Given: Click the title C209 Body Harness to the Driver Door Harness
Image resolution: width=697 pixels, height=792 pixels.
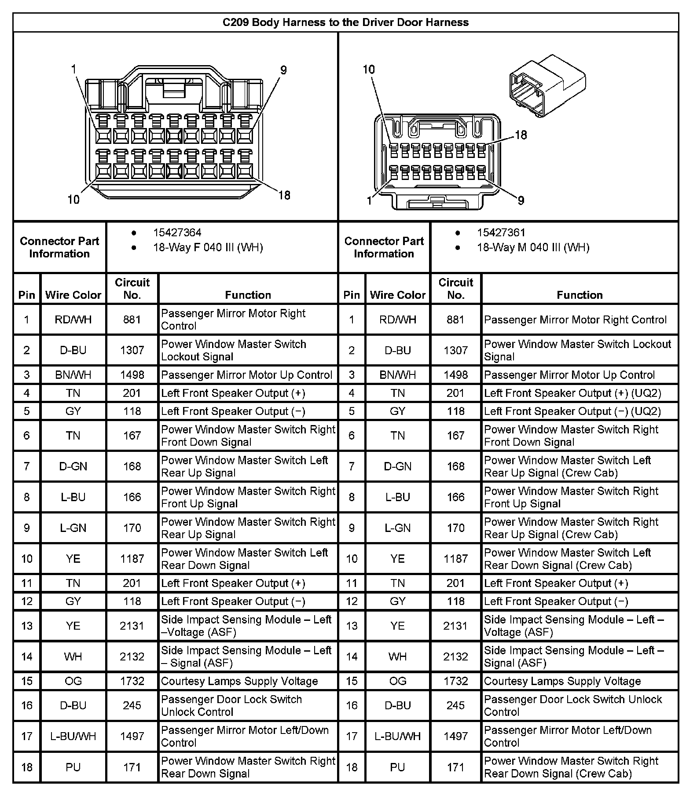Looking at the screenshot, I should [x=345, y=22].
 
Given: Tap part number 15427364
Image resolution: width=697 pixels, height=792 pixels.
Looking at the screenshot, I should [x=177, y=232].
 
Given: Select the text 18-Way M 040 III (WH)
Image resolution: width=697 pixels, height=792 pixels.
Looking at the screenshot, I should [x=533, y=247].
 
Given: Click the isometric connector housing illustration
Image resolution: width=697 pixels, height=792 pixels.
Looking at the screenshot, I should [x=547, y=86].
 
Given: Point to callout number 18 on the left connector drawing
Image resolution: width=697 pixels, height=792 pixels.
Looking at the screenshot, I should [x=284, y=195].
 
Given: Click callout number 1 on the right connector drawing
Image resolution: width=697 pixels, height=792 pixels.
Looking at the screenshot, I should [x=369, y=201].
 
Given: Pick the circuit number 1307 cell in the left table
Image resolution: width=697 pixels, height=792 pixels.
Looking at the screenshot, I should [x=132, y=350].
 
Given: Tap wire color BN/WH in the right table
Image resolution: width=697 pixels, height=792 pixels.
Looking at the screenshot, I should [x=397, y=375].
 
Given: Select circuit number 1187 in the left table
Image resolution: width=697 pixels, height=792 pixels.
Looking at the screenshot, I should [x=132, y=559].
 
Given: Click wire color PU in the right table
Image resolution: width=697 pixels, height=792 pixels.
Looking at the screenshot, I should [x=397, y=767].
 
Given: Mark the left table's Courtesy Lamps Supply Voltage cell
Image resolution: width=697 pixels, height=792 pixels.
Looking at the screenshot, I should [x=239, y=682].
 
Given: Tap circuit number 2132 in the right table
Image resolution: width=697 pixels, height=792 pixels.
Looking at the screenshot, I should [x=455, y=657].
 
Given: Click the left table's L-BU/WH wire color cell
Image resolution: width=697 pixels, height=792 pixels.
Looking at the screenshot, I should [x=73, y=737].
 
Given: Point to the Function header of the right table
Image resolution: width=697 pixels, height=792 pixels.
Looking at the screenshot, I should [x=580, y=295].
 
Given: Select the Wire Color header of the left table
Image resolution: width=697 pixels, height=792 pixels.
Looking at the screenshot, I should [x=73, y=295].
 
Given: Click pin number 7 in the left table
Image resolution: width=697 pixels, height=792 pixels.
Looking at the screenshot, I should [x=27, y=466].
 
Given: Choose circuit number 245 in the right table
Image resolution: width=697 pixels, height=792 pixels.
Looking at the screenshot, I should [x=455, y=706].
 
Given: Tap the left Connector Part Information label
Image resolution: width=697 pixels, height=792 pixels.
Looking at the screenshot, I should [x=59, y=247].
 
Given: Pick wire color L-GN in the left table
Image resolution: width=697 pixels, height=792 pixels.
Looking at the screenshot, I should [x=73, y=528].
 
